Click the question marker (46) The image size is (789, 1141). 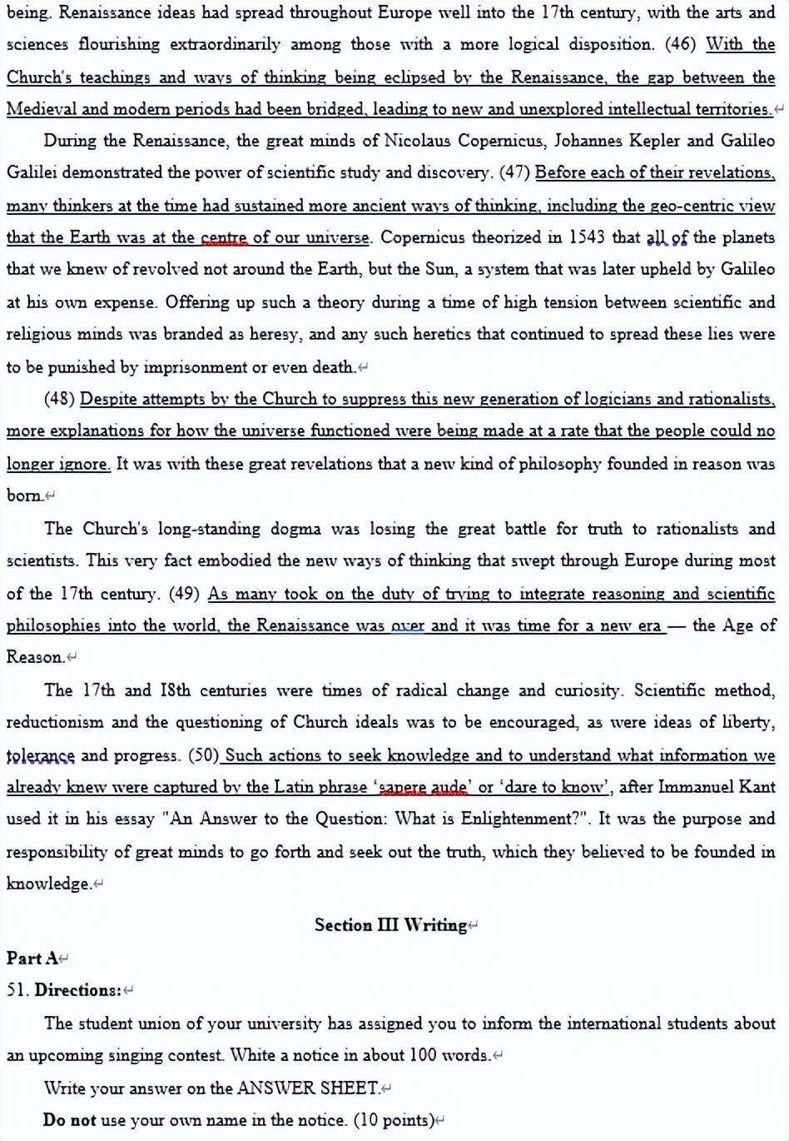click(681, 44)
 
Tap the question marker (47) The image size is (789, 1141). click(514, 173)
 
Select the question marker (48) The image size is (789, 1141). click(59, 399)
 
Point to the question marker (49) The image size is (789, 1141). click(185, 594)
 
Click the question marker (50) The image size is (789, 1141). click(204, 755)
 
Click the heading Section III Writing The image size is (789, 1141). click(390, 925)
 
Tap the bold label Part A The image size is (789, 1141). click(32, 958)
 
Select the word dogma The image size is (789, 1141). click(295, 529)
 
